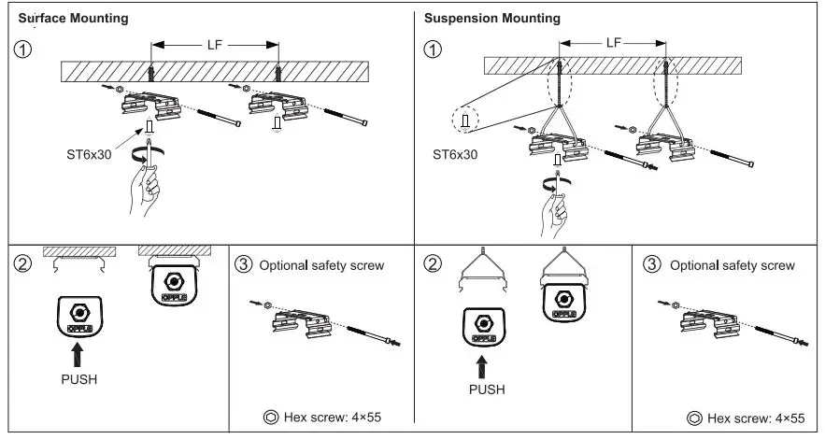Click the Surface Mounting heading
74,19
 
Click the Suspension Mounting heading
492,19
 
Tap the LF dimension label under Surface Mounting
215,43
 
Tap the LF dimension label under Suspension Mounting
614,43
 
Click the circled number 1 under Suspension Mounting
432,50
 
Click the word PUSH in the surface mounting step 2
78,380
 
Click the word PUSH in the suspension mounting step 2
486,389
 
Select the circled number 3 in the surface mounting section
244,265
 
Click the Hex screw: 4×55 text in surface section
334,418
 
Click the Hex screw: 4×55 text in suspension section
745,418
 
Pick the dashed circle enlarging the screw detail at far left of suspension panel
464,120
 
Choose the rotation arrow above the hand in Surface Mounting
144,152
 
